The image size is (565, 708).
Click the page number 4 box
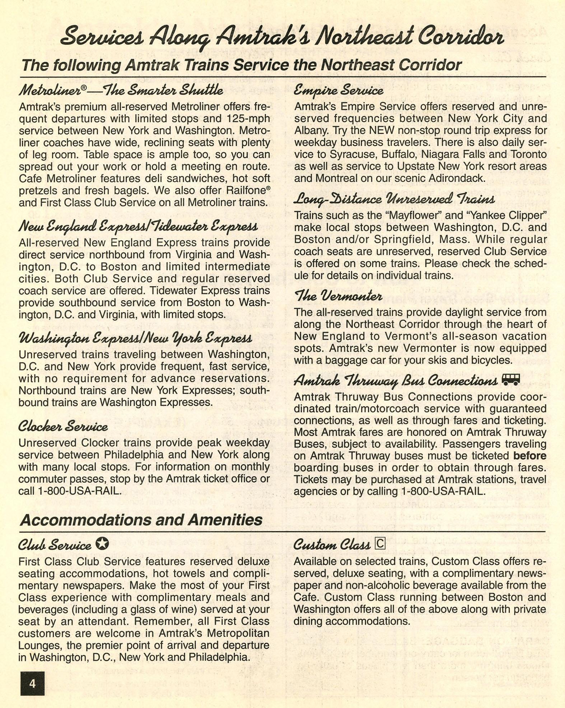pyautogui.click(x=32, y=683)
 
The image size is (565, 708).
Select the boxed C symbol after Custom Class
pyautogui.click(x=380, y=544)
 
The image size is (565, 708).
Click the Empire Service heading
pyautogui.click(x=338, y=90)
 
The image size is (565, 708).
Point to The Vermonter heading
pyautogui.click(x=338, y=296)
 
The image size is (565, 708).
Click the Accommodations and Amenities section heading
pyautogui.click(x=141, y=520)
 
